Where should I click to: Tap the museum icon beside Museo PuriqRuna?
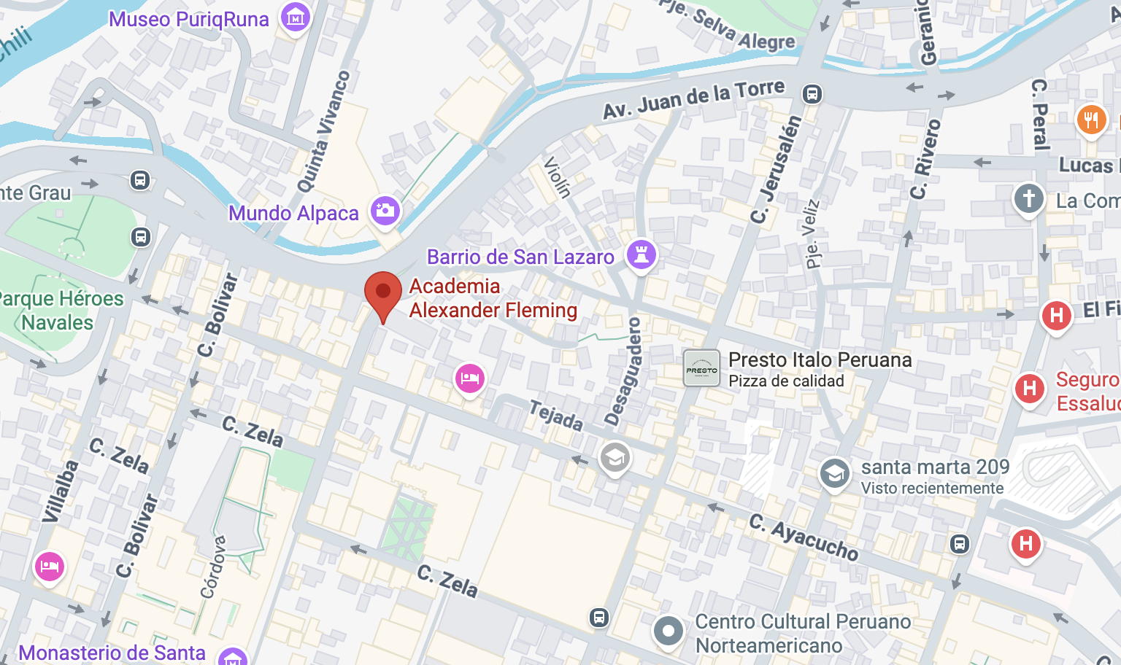pyautogui.click(x=296, y=18)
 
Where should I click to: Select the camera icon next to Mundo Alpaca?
pyautogui.click(x=385, y=211)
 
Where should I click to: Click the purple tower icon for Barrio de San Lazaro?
pyautogui.click(x=642, y=255)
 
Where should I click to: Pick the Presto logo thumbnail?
pyautogui.click(x=702, y=368)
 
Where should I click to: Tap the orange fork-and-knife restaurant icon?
pyautogui.click(x=1091, y=119)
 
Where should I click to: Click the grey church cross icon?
pyautogui.click(x=1029, y=198)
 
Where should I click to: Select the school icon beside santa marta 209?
pyautogui.click(x=834, y=474)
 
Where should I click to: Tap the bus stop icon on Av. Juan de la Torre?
pyautogui.click(x=812, y=94)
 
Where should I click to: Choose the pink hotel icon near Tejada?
pyautogui.click(x=470, y=378)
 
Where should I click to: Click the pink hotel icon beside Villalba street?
pyautogui.click(x=50, y=567)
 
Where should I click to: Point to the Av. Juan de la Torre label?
pyautogui.click(x=693, y=99)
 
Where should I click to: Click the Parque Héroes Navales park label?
pyautogui.click(x=58, y=310)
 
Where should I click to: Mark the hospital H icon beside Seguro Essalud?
pyautogui.click(x=1029, y=389)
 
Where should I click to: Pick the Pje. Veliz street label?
pyautogui.click(x=812, y=233)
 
